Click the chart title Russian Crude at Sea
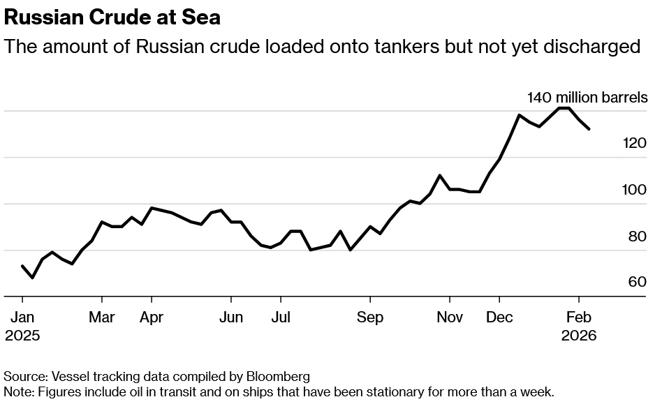point(112,17)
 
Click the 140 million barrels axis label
point(587,97)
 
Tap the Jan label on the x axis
point(22,317)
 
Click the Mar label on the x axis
point(102,317)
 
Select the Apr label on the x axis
point(152,317)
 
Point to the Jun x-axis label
point(231,317)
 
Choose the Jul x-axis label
point(281,317)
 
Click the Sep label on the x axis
point(370,317)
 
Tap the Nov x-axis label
point(450,317)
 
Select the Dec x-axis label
point(499,317)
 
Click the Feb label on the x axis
point(579,317)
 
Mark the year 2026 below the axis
point(579,336)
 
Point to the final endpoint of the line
point(590,129)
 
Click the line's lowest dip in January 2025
point(32,278)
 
